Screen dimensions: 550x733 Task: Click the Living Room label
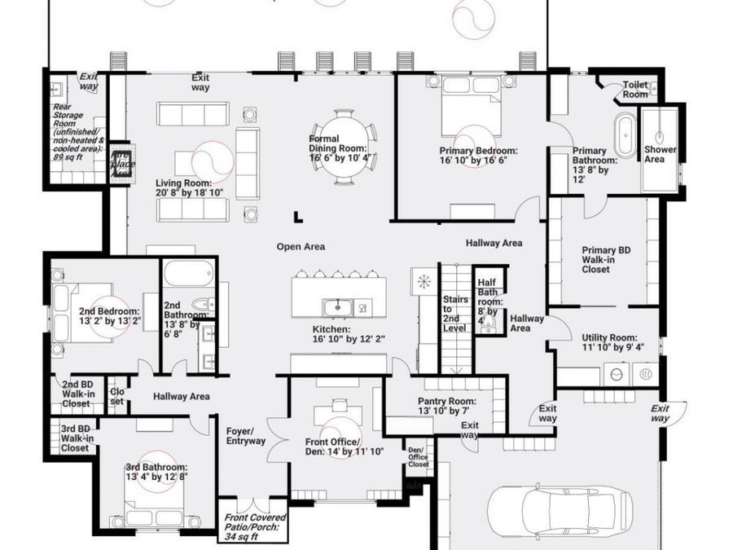click(x=184, y=188)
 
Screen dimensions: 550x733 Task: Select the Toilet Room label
click(x=635, y=90)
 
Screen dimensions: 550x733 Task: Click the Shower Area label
click(x=660, y=154)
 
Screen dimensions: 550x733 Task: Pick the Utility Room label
click(x=608, y=343)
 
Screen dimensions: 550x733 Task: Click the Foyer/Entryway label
click(x=245, y=436)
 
